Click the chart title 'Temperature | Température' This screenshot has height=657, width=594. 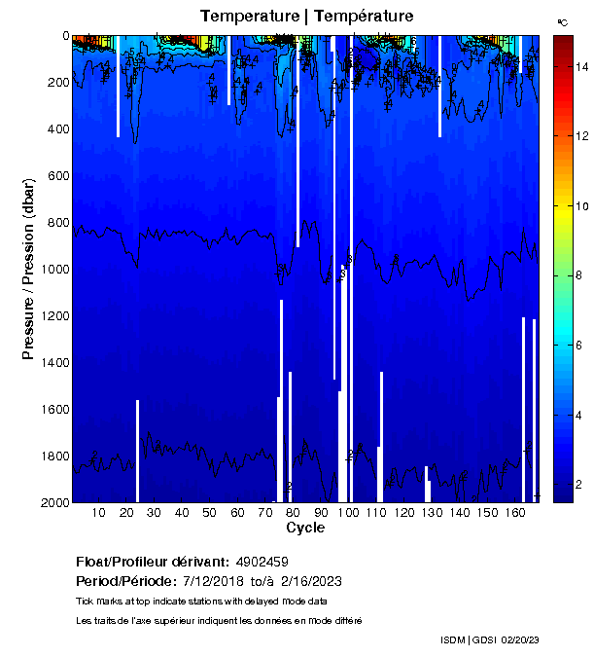click(x=306, y=17)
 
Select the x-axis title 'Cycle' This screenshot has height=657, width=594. click(x=305, y=529)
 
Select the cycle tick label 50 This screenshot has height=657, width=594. click(x=209, y=513)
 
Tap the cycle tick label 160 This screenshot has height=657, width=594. click(x=516, y=513)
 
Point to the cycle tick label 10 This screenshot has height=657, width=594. click(x=98, y=513)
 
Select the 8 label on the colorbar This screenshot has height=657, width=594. click(x=580, y=276)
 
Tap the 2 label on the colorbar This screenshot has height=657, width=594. click(x=580, y=485)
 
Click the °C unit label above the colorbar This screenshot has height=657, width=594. click(x=562, y=20)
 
